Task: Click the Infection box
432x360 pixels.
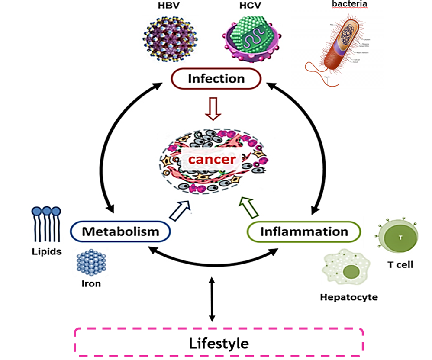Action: pos(216,79)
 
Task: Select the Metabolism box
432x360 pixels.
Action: pos(120,231)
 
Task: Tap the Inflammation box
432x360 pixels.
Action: pos(304,231)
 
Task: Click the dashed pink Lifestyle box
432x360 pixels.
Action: pos(219,343)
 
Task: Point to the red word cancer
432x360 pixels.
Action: pos(212,160)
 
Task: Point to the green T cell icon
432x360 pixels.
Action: pos(399,237)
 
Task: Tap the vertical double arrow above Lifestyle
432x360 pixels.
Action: pos(212,299)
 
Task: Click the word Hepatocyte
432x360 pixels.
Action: pos(349,297)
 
